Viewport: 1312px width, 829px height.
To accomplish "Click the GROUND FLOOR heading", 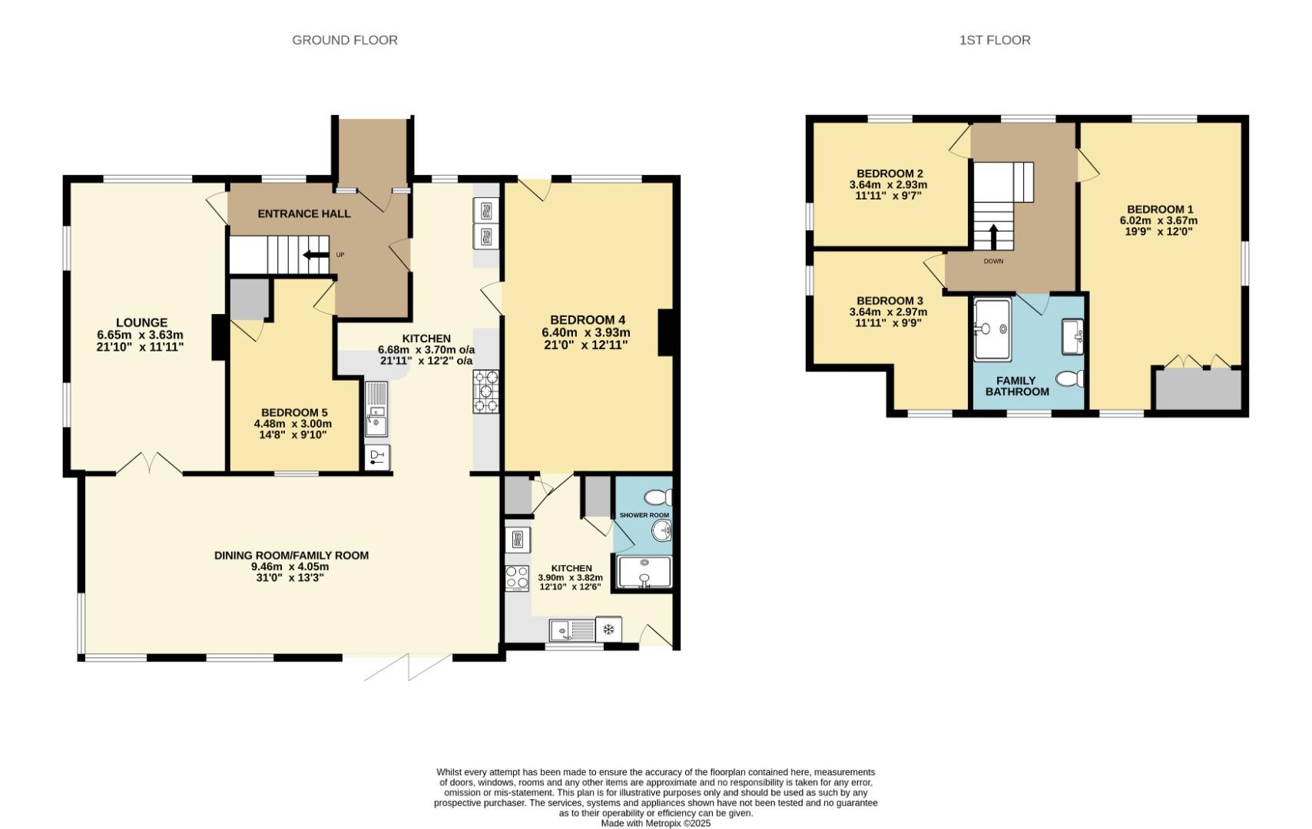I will [345, 40].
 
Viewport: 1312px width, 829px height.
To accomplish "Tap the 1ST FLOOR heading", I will [995, 40].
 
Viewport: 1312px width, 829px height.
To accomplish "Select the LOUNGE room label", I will [141, 322].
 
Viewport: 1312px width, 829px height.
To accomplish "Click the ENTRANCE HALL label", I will [304, 213].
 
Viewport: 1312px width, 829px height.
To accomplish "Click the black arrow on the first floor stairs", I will [992, 236].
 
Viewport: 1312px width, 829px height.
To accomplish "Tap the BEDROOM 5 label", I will [293, 412].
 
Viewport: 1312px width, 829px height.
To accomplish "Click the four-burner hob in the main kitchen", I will [485, 391].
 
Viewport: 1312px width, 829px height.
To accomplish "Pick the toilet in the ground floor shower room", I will [658, 497].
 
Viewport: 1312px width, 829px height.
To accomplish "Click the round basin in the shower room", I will [661, 530].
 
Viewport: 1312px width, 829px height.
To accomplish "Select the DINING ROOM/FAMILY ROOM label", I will [291, 555].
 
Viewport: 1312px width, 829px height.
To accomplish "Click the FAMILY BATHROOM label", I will [1016, 386].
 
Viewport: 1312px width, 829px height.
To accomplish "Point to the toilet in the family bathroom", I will [1069, 378].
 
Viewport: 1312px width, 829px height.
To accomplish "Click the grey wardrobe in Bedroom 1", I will [1199, 390].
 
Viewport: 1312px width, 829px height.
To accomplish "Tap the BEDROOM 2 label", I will [889, 173].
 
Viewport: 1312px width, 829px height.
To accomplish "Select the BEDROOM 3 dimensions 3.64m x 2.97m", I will [888, 312].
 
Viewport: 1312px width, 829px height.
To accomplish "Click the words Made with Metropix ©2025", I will [655, 823].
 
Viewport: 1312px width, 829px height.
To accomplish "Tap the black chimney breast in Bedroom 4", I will [665, 332].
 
